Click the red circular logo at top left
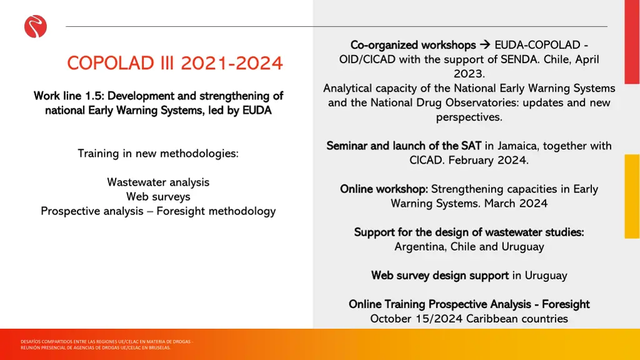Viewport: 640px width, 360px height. (36, 27)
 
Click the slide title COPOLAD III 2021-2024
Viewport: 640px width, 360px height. (174, 63)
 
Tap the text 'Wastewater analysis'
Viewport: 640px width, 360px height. (158, 182)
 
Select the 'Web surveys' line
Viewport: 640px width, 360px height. (158, 196)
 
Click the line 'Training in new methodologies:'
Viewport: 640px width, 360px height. (158, 153)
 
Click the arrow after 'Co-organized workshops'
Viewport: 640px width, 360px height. (485, 45)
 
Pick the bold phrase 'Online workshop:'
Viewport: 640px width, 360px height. (384, 189)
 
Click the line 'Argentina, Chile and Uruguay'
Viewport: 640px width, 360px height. (469, 246)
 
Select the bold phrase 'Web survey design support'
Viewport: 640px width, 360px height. (440, 275)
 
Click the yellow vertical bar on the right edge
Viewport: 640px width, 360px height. (632, 196)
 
